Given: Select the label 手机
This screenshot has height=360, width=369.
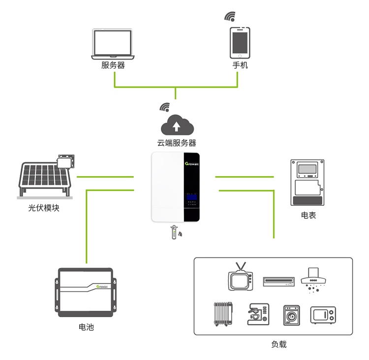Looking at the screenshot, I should click(x=240, y=65).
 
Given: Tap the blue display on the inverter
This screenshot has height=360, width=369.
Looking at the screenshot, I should click(x=191, y=199).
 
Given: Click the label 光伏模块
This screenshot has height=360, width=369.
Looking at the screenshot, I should click(x=44, y=208).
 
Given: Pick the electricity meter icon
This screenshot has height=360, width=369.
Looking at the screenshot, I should click(x=308, y=182).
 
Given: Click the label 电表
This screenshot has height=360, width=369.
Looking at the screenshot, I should click(x=308, y=216).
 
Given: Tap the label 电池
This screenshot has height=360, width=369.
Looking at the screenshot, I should click(x=86, y=327).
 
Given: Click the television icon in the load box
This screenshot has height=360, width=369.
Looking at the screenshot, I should click(x=240, y=279).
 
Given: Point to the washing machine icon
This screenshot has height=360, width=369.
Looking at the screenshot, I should click(x=291, y=314).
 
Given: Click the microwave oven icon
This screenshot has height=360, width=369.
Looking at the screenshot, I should click(x=323, y=314).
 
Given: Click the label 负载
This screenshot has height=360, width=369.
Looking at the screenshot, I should click(x=278, y=344).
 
